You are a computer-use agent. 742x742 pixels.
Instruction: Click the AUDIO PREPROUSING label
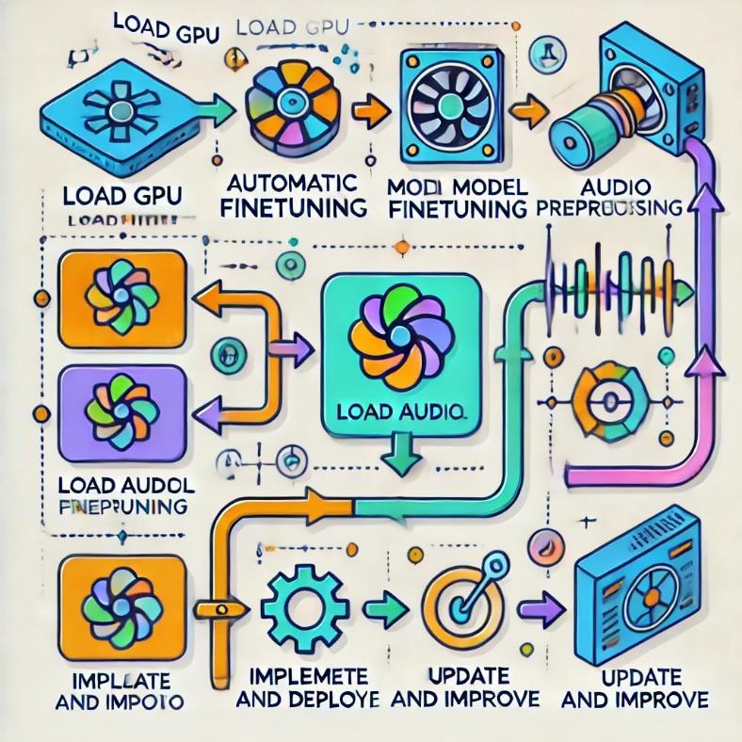618,197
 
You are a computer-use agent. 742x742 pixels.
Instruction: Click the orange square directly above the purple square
122,298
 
